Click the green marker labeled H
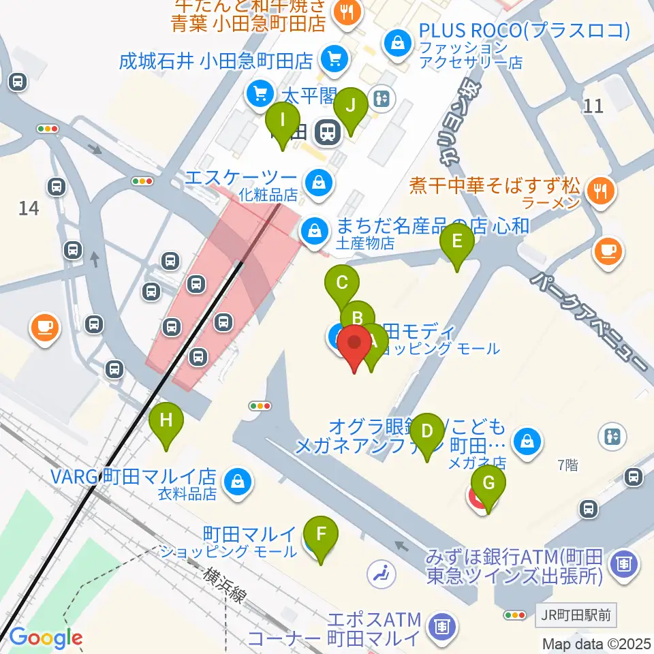click(x=166, y=424)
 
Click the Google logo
click(x=45, y=638)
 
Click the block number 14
click(x=29, y=208)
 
